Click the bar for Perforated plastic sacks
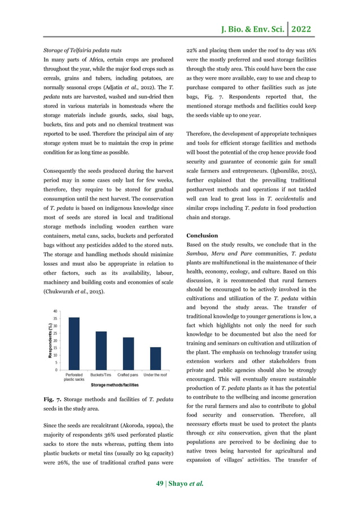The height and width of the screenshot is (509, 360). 74,344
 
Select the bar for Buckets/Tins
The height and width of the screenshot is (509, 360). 100,350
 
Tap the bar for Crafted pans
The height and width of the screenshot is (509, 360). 129,354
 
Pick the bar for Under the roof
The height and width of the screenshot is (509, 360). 155,359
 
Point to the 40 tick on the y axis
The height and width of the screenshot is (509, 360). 54,311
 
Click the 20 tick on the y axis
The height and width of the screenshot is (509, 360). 54,341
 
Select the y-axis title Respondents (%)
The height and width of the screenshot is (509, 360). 50,340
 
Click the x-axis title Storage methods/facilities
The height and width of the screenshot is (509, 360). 107,385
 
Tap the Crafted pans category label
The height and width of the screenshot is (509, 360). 129,374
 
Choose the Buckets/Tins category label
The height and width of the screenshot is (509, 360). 101,374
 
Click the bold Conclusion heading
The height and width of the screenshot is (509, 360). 203,235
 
